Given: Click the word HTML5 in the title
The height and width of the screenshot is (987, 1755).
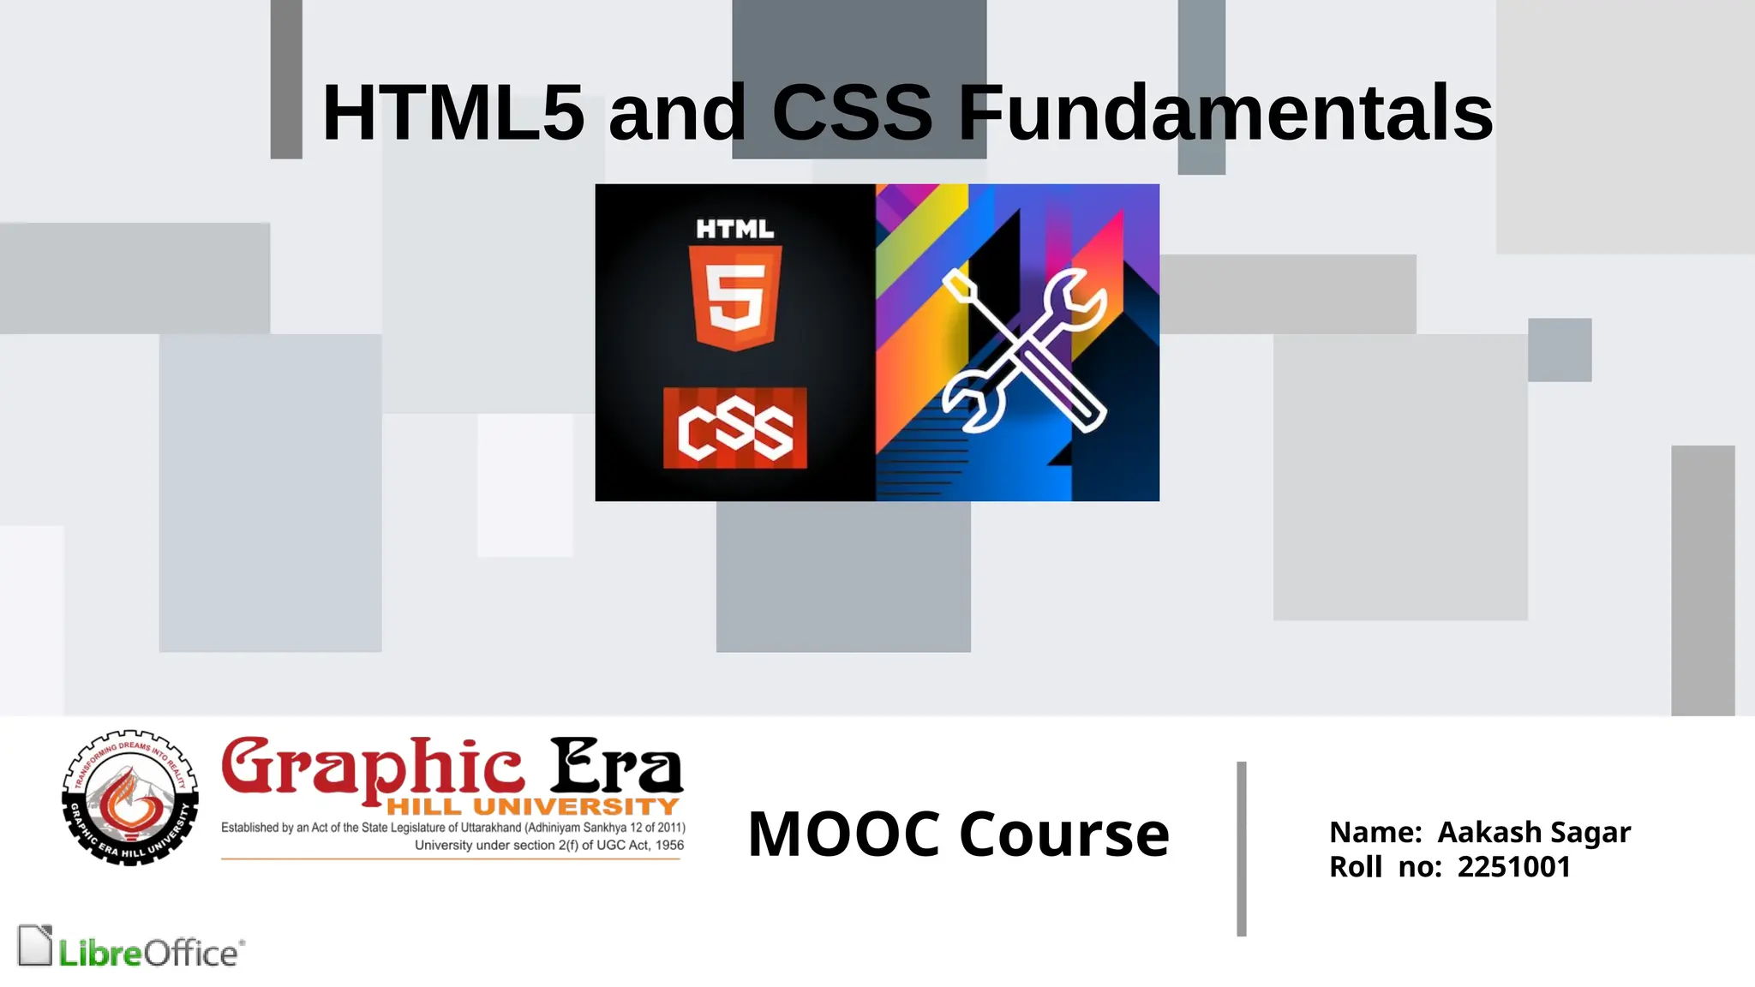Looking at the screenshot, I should click(x=452, y=113).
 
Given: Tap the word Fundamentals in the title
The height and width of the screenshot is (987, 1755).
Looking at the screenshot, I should click(x=1225, y=113).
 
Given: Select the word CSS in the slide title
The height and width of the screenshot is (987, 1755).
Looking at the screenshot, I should click(x=852, y=113).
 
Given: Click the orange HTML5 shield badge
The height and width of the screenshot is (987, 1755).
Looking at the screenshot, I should click(x=735, y=296).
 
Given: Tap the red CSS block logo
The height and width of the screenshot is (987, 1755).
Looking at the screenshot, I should click(x=735, y=428).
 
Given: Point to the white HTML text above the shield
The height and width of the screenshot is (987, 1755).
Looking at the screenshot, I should click(x=735, y=229).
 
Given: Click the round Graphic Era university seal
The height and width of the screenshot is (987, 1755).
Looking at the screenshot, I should click(x=130, y=798).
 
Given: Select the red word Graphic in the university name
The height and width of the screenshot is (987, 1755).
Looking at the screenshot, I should click(x=372, y=766).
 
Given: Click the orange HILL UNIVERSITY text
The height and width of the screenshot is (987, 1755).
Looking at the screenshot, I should click(x=532, y=806).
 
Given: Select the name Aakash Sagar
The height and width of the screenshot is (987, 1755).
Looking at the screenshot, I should click(x=1533, y=832).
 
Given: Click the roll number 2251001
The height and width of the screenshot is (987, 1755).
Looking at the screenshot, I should click(x=1513, y=867).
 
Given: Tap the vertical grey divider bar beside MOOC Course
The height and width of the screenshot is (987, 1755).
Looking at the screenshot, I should click(x=1241, y=848).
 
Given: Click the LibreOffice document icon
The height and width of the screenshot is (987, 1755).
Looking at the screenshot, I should click(x=35, y=946).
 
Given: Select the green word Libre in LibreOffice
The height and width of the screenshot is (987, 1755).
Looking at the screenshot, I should click(x=99, y=953).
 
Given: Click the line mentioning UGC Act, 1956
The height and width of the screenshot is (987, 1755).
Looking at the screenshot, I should click(x=548, y=845).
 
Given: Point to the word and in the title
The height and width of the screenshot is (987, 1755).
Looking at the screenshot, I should click(x=677, y=113).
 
